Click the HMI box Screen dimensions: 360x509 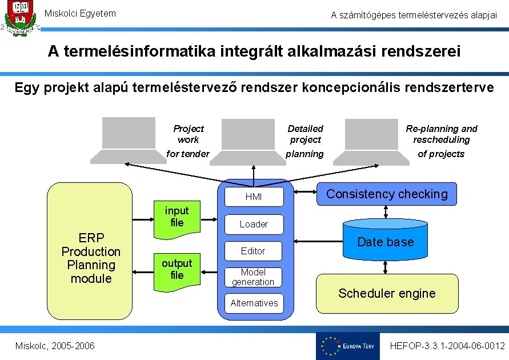tap(254, 197)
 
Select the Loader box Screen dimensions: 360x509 tap(254, 224)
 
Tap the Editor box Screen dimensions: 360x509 tap(253, 251)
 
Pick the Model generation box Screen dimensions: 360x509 tap(253, 277)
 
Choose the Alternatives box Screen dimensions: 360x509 tap(254, 303)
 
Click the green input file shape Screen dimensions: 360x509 tap(177, 218)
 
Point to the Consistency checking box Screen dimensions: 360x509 tap(387, 194)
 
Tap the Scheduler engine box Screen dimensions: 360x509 tap(387, 293)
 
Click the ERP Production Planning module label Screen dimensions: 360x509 tap(91, 258)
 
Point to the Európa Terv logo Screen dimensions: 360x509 tap(347, 346)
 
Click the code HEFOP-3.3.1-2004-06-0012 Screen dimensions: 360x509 tap(447, 346)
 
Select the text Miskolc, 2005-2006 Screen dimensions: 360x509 tap(55, 346)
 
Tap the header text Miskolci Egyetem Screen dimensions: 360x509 tap(80, 13)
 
